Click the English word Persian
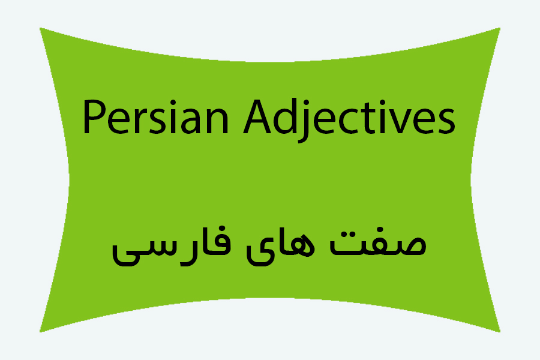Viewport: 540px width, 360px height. point(155,117)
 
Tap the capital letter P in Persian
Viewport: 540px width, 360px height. point(92,117)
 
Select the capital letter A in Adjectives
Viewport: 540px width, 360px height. point(257,117)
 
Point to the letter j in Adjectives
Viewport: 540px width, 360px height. point(303,121)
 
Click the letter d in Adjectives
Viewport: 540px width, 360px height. point(284,117)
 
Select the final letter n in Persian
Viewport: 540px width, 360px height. point(218,121)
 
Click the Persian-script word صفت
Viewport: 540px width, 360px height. point(378,242)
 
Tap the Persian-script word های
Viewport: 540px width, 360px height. point(280,247)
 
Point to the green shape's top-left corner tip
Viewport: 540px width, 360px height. point(40,28)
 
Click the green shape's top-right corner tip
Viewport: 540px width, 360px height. point(500,28)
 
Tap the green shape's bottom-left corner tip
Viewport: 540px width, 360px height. point(40,332)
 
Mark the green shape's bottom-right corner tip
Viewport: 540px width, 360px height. point(500,332)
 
